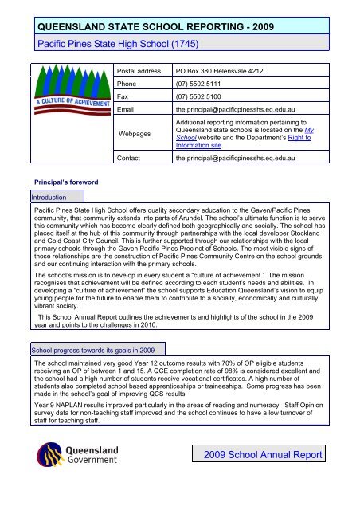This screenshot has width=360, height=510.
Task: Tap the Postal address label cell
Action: pyautogui.click(x=143, y=71)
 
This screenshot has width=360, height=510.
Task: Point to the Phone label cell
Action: pyautogui.click(x=128, y=82)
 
